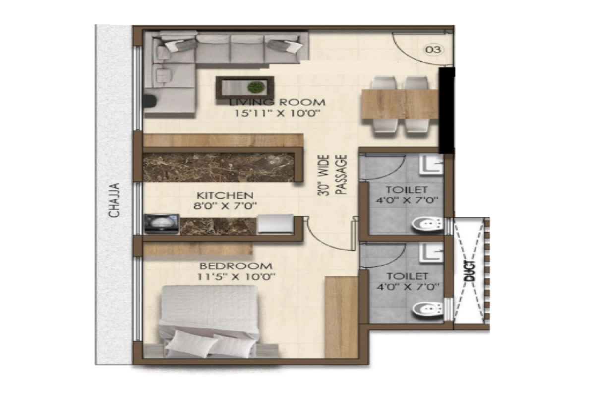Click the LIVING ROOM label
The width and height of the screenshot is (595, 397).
coord(278,103)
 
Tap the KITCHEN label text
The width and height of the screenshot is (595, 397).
coord(225,196)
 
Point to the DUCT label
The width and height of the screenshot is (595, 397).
coord(470,271)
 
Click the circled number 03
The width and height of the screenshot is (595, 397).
coord(433,49)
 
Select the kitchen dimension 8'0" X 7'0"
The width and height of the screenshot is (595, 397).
coord(225,206)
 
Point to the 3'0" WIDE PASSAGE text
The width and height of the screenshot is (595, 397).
coord(333,176)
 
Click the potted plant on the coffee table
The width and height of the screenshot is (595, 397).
coord(256,87)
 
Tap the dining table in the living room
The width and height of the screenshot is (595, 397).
coord(400,104)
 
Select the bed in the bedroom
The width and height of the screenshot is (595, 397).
coord(208,323)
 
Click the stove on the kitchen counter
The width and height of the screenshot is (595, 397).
coord(162,223)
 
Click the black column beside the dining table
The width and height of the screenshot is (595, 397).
coord(447,109)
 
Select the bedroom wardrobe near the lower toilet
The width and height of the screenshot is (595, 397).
coord(341,316)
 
